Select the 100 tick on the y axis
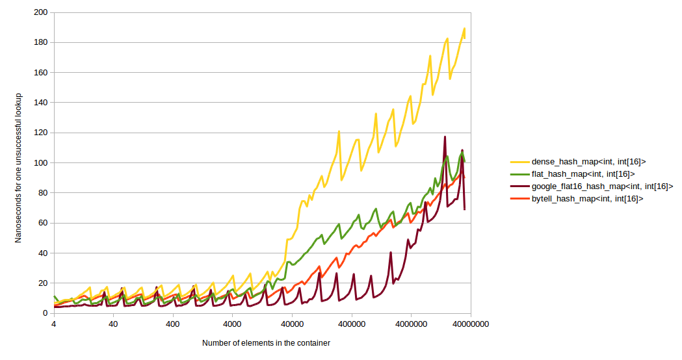point(40,162)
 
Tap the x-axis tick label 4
point(53,324)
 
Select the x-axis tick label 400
point(173,324)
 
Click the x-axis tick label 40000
point(292,324)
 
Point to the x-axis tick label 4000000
point(412,324)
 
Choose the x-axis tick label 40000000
point(471,324)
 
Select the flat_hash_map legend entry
point(583,174)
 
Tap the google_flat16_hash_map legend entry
point(601,186)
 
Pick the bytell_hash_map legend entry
point(587,199)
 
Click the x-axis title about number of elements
point(265,343)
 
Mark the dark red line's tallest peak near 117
point(445,137)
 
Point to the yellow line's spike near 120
point(339,132)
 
